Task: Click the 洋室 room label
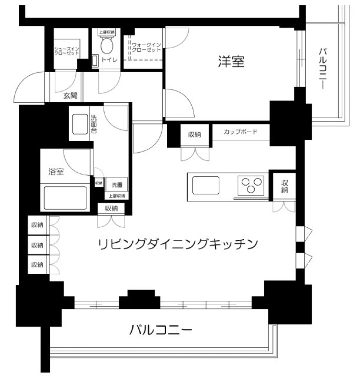point(231,62)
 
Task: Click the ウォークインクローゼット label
point(146,47)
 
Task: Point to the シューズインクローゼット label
point(67,51)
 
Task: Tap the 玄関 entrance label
point(70,96)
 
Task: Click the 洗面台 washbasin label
point(93,124)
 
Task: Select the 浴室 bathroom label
point(56,172)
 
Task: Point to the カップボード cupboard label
point(240,132)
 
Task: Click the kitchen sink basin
point(206,185)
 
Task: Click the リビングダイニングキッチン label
point(178,244)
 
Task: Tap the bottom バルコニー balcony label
point(161,330)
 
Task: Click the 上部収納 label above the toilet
point(107,33)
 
